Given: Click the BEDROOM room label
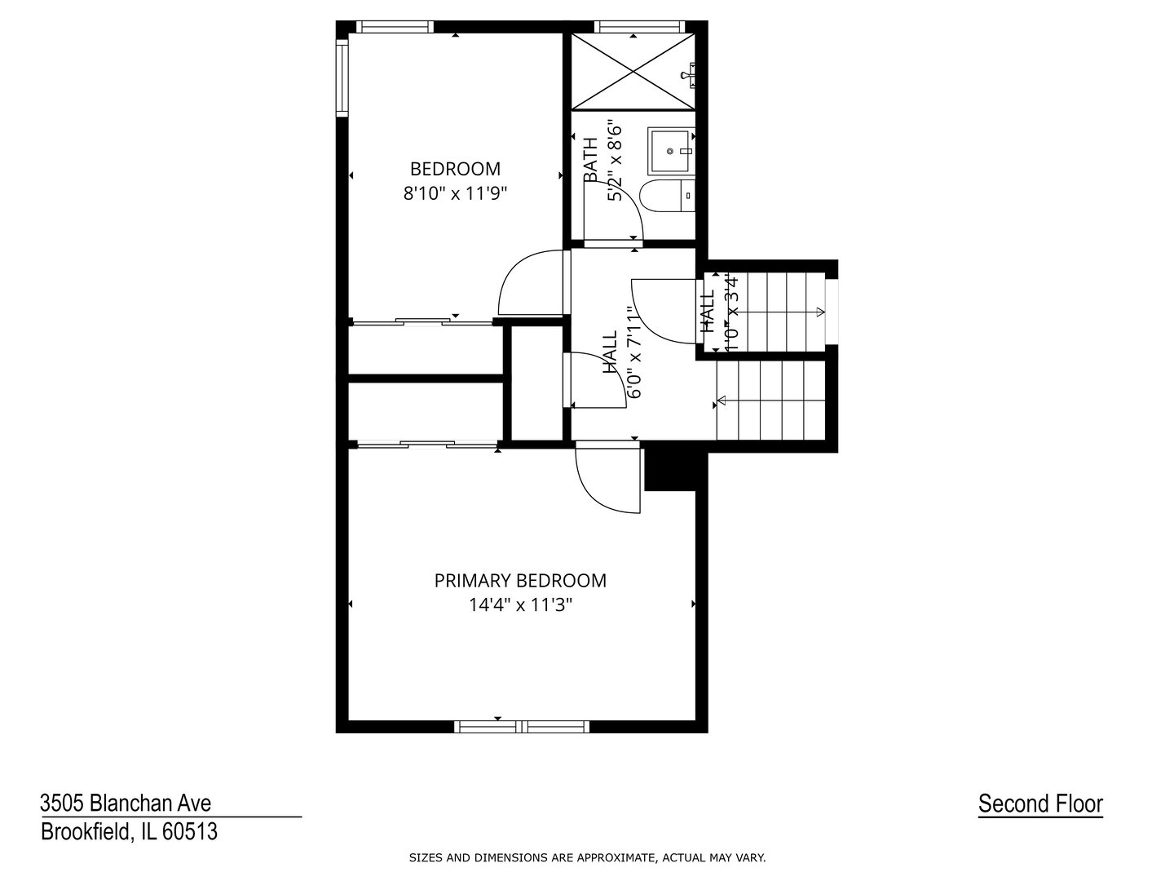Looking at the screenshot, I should pos(455,169).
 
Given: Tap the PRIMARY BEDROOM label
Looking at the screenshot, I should pos(520,581).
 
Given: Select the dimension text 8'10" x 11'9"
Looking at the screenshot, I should pos(455,194).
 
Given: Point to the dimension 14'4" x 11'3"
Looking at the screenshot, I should pos(520,605).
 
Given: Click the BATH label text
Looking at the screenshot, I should pos(590,160).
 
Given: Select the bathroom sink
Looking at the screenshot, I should pos(672,151).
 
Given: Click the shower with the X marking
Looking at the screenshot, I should pos(633,72).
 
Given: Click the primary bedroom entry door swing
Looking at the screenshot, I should pos(607,480).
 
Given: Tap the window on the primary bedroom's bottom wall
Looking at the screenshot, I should pos(521,726).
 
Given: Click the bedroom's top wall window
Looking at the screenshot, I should pos(395,27).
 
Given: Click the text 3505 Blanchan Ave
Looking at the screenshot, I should pos(126,804).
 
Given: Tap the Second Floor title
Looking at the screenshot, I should pos(1040,804).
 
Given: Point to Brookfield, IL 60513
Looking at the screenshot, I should pos(129,832).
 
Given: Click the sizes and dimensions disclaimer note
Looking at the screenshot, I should pos(587,857).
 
